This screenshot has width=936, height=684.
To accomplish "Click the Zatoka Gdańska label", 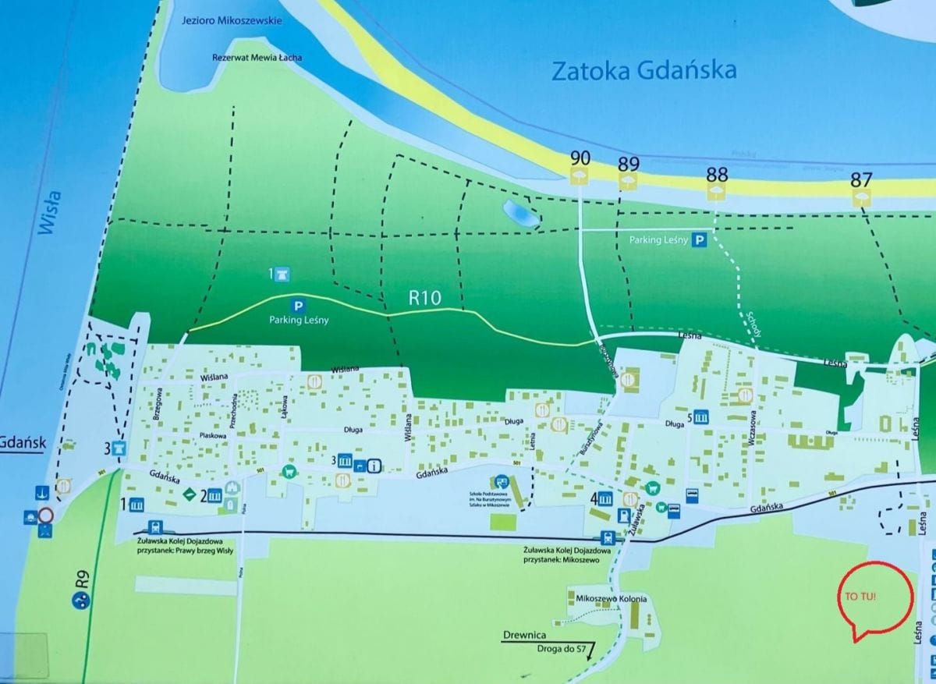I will (643, 71).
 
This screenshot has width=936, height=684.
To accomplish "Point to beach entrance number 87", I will (861, 179).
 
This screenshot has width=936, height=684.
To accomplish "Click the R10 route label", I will (426, 297).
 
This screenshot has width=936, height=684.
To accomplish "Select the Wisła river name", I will (48, 214).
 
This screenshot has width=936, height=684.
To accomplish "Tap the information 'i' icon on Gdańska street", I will (374, 466).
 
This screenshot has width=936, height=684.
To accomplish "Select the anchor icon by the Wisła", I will (41, 493).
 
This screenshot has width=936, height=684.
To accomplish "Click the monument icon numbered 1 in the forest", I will (282, 275).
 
